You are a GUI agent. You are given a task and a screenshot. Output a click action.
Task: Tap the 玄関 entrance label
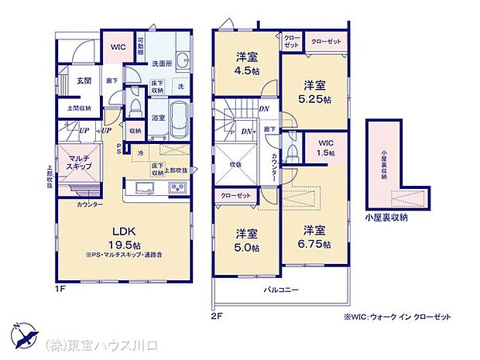(84, 81)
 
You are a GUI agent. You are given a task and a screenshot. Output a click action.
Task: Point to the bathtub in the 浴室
(180, 118)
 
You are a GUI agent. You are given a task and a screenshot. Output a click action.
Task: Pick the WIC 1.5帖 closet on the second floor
(324, 148)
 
